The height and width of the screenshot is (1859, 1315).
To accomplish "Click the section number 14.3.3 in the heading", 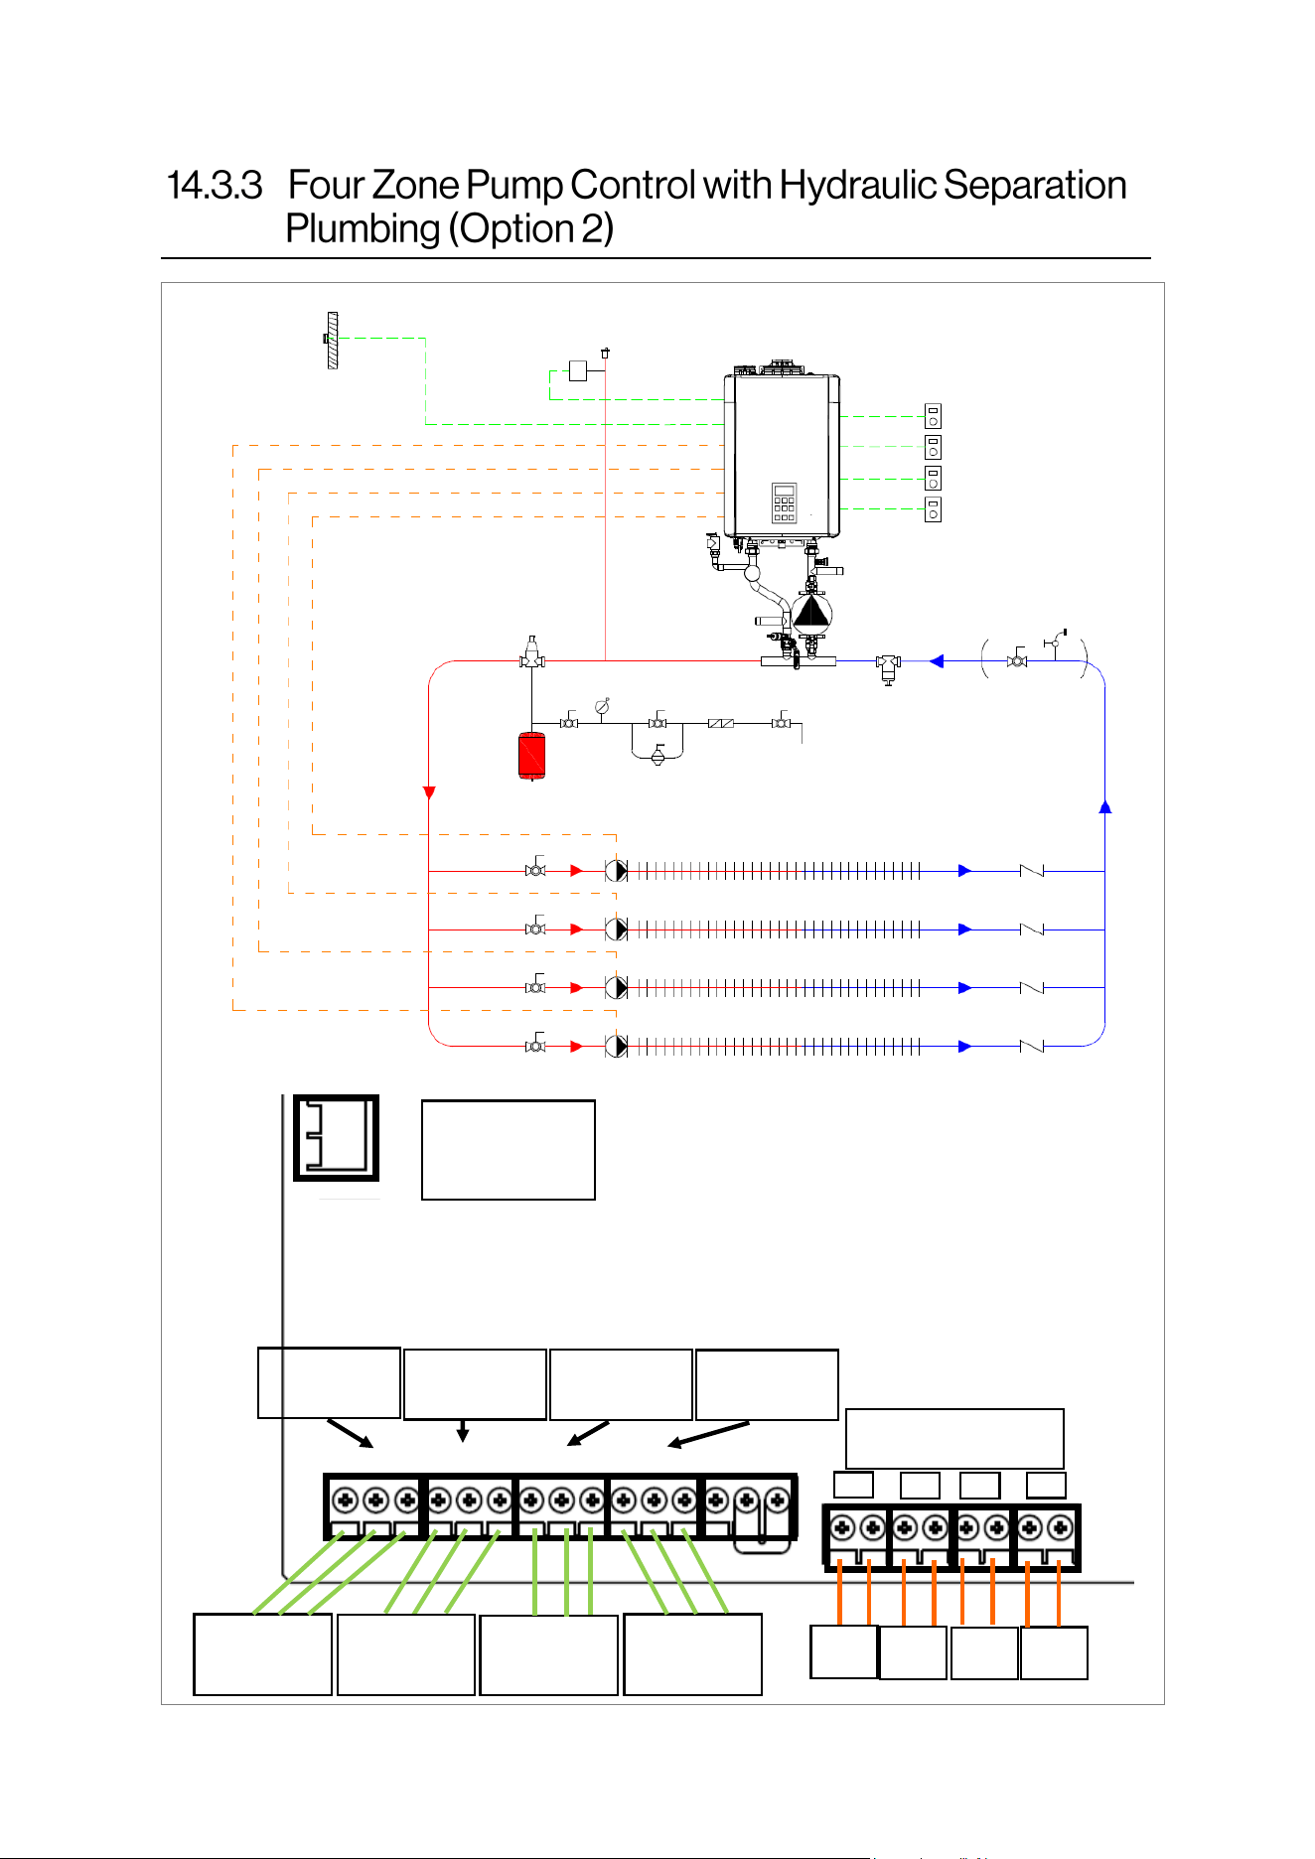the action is click(214, 186).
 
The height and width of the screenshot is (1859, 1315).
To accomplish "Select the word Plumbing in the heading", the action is click(363, 229).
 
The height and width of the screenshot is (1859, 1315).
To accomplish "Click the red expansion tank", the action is click(531, 756).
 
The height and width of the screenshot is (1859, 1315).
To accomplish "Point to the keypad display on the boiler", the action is click(784, 502).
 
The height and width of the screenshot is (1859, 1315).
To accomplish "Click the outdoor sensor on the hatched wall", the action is click(331, 340).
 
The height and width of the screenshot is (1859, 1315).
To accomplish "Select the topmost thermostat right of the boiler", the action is click(933, 416).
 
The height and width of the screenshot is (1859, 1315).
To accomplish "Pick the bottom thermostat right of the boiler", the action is click(933, 509).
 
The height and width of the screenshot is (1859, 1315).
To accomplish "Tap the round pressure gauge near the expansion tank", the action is click(602, 706).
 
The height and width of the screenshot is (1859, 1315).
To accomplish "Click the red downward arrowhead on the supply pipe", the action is click(429, 792).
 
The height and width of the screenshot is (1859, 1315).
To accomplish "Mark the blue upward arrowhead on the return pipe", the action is click(1104, 806).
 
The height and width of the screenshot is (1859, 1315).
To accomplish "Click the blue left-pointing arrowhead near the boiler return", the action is click(936, 661).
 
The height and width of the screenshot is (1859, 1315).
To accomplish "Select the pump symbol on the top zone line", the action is click(617, 871).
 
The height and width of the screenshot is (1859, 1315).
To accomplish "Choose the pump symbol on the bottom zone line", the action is click(617, 1047).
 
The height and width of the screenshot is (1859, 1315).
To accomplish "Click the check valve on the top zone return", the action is click(1032, 871).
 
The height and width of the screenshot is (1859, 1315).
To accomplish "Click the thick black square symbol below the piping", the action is click(337, 1138).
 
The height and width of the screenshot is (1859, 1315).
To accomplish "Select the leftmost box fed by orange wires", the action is click(844, 1651).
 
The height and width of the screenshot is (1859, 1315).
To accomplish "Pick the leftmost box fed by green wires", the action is click(262, 1654).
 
